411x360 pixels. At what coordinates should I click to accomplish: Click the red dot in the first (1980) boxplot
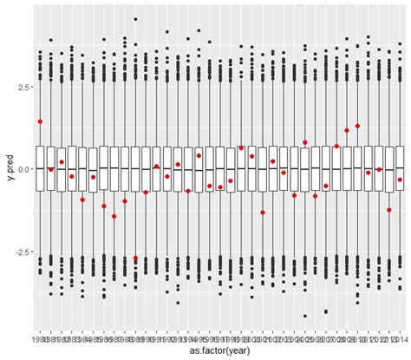(x=40, y=121)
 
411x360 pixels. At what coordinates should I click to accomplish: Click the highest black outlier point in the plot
(x=135, y=18)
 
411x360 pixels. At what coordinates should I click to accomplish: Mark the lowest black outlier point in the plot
(x=305, y=317)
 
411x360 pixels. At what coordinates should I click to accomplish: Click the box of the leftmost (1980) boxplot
(x=40, y=168)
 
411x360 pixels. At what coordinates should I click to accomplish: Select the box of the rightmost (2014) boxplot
(x=400, y=168)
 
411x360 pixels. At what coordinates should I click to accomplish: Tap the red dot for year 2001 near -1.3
(x=263, y=212)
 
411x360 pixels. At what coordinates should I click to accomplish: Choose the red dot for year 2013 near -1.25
(x=389, y=210)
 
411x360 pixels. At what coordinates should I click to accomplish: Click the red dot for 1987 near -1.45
(x=114, y=216)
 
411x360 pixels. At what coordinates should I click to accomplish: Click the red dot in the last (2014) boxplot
(x=400, y=180)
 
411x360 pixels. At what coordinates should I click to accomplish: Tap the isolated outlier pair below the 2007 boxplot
(x=326, y=311)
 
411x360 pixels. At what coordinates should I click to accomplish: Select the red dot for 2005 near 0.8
(x=305, y=142)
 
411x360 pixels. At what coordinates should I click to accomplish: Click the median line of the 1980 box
(x=40, y=167)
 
